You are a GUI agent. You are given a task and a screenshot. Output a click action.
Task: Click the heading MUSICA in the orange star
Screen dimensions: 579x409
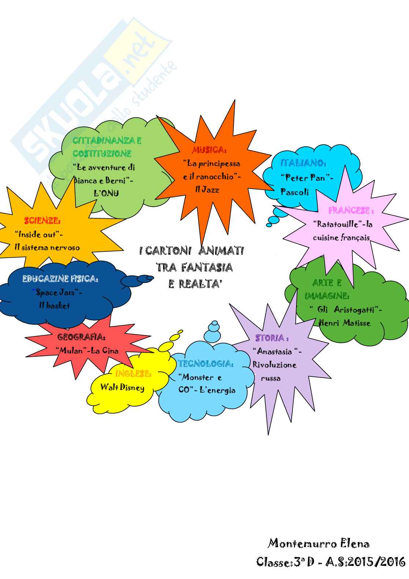[209, 150]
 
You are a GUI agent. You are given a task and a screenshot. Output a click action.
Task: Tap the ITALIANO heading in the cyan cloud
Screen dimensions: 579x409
[303, 163]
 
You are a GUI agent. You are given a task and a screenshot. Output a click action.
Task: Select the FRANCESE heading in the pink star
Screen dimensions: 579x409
[351, 211]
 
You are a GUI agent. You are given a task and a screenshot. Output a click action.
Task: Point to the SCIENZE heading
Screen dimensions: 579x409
[42, 221]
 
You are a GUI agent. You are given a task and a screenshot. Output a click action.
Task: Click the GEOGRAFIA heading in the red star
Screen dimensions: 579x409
[82, 337]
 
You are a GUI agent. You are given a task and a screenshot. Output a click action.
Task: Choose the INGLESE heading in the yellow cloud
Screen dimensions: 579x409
[133, 374]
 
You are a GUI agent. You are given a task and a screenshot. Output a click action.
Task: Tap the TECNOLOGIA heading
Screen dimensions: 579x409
[206, 364]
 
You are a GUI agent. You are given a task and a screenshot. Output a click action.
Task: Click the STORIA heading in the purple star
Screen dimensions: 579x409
[272, 338]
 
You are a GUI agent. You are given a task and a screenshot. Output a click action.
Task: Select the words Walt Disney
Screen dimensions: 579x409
[122, 387]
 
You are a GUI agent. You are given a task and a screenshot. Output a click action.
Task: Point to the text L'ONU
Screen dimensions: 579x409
[106, 193]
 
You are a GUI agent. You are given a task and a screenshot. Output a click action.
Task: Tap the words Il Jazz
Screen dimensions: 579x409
[207, 190]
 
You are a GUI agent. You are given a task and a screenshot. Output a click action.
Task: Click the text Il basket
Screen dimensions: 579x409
[55, 306]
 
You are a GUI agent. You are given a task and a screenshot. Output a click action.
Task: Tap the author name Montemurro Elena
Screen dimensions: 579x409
[318, 544]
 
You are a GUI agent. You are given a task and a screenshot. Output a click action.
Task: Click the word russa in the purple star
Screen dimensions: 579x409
[271, 378]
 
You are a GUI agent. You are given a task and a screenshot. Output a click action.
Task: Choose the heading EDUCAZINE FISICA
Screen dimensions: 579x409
[60, 279]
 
